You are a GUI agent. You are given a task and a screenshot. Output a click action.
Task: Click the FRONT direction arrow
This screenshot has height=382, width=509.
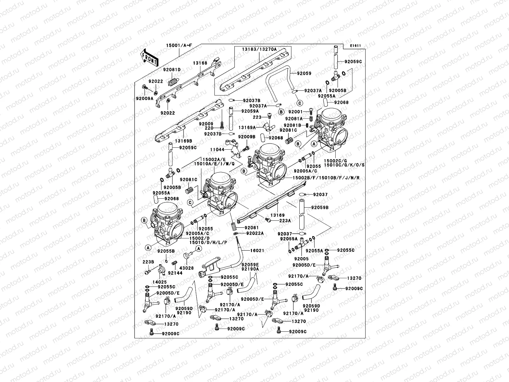point(150,58)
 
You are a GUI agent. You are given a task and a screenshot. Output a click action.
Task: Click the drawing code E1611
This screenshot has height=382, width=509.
point(355,46)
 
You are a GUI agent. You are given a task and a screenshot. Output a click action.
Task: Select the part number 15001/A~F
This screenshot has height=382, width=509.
point(179,46)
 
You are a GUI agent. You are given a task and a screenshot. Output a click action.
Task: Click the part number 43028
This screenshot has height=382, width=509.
point(187,268)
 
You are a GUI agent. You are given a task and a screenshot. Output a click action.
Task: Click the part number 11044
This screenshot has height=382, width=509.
point(217,149)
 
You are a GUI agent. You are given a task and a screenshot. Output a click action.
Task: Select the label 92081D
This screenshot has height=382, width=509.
point(172,69)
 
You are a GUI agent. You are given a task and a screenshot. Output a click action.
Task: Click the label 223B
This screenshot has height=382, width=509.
point(148,262)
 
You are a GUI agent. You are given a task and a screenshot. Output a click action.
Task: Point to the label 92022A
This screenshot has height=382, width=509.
point(255,233)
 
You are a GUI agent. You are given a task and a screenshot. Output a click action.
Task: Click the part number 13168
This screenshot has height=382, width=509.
point(200,63)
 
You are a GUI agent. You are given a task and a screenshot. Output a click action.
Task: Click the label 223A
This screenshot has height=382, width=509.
point(285,220)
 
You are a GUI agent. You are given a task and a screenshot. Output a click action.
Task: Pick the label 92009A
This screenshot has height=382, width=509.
point(145,98)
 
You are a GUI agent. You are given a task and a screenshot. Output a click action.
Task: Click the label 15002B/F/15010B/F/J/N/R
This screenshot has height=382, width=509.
point(326,177)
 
